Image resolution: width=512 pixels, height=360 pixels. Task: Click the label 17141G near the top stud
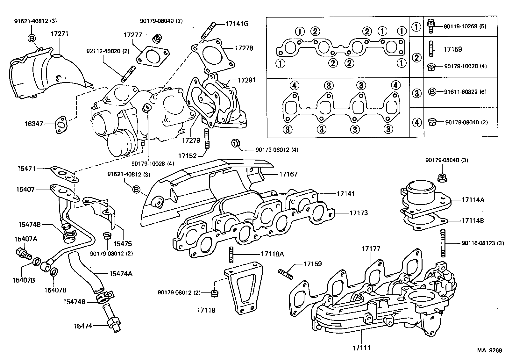(x=237, y=24)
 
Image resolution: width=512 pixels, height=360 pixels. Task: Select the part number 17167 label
(x=288, y=174)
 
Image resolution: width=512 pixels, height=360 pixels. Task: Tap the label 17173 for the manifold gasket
(x=358, y=213)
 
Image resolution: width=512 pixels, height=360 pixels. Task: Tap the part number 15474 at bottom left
(x=83, y=326)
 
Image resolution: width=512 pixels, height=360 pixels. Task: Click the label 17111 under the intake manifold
(x=361, y=348)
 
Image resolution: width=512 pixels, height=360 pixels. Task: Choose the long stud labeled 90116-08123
(x=443, y=244)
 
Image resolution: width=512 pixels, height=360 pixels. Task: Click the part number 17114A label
(x=473, y=200)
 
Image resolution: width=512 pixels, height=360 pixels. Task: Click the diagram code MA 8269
(x=489, y=350)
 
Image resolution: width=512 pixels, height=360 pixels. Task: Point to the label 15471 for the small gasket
(x=26, y=168)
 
